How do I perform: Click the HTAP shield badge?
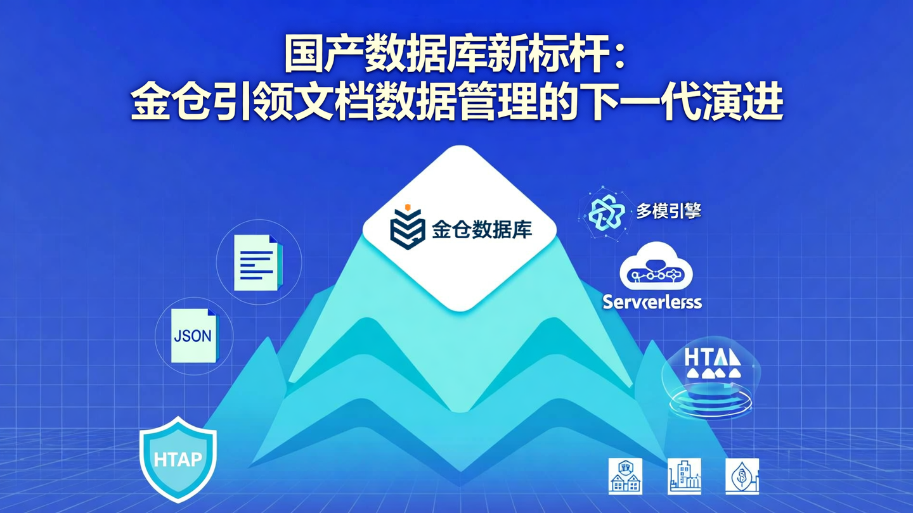tap(178, 459)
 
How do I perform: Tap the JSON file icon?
tap(194, 336)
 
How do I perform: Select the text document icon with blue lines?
tap(257, 263)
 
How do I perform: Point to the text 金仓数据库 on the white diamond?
tap(482, 229)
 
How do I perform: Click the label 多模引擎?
tap(668, 211)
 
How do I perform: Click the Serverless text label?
tap(652, 301)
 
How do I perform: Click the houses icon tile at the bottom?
tap(625, 476)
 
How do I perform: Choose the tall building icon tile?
tap(685, 476)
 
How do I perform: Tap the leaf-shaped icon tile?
tap(742, 476)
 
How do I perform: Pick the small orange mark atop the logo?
tap(408, 206)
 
